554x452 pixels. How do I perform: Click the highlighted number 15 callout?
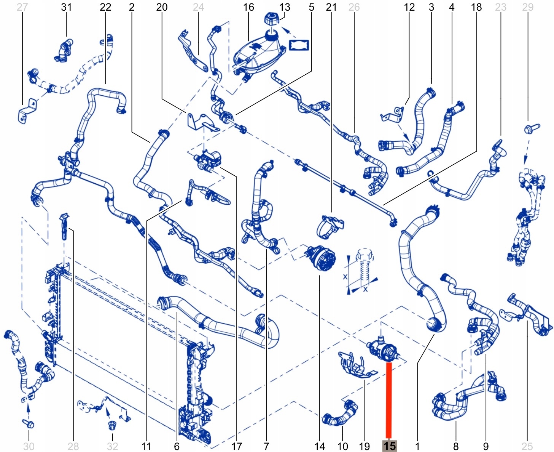(x=389, y=446)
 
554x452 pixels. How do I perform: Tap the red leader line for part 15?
(x=388, y=400)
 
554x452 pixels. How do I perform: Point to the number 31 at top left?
(x=66, y=7)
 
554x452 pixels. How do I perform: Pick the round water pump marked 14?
(x=322, y=258)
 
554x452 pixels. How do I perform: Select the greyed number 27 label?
(x=22, y=7)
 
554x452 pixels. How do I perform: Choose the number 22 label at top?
(x=105, y=7)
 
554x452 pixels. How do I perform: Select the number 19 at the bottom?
(x=365, y=446)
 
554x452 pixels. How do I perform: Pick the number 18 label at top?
(x=476, y=7)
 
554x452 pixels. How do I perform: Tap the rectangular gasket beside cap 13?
(x=299, y=45)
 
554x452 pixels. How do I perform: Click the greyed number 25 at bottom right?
(x=527, y=446)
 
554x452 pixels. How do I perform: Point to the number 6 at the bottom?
(x=177, y=446)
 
